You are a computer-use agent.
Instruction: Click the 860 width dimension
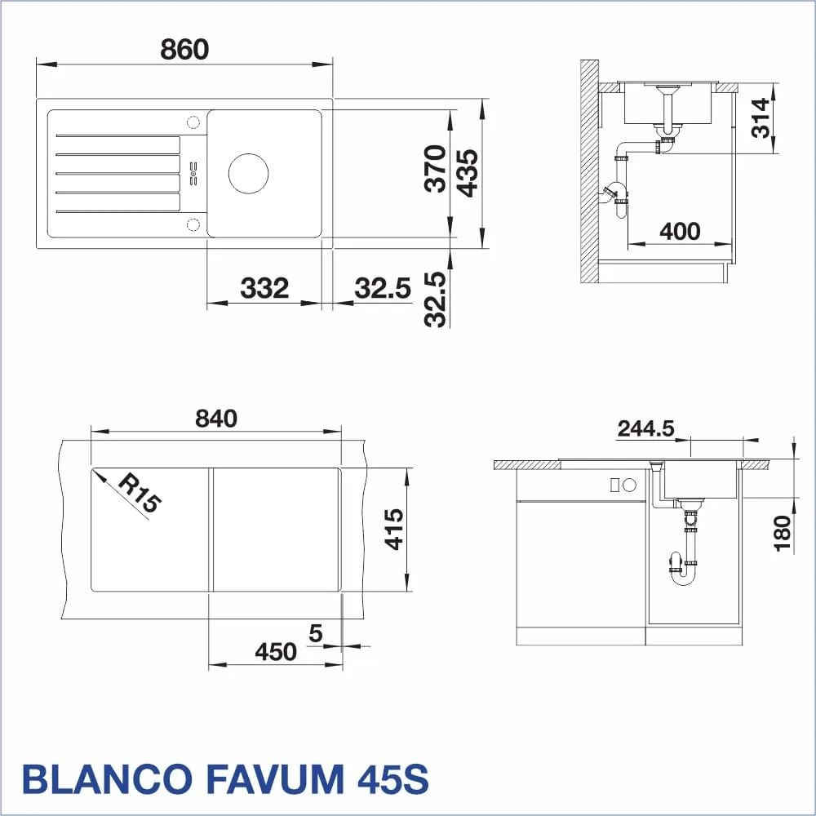pyautogui.click(x=184, y=49)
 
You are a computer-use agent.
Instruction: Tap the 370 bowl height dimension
pyautogui.click(x=435, y=169)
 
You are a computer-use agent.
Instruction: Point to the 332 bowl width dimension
pyautogui.click(x=264, y=288)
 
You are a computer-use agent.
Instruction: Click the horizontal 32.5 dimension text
pyautogui.click(x=383, y=288)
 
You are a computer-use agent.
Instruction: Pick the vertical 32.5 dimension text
pyautogui.click(x=435, y=299)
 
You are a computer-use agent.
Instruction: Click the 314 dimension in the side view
pyautogui.click(x=761, y=118)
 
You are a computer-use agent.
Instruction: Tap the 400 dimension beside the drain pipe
pyautogui.click(x=680, y=231)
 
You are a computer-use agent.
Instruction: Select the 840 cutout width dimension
pyautogui.click(x=216, y=418)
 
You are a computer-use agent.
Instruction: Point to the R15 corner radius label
pyautogui.click(x=140, y=494)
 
